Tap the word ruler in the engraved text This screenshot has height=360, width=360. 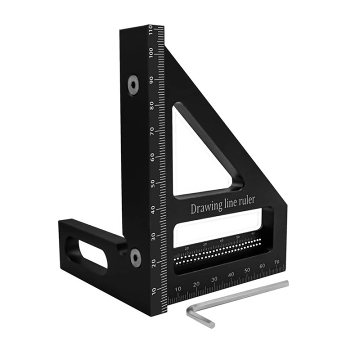244,200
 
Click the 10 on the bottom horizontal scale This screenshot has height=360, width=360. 178,289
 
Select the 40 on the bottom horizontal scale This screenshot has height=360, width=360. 230,274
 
